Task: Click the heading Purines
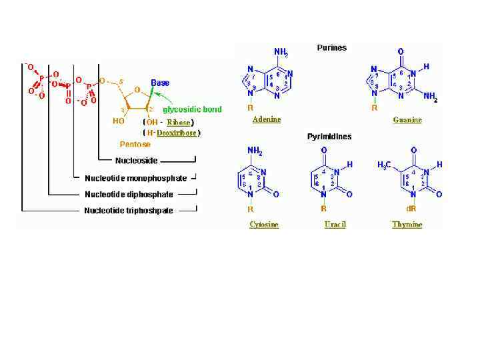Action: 331,48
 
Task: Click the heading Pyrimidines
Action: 329,137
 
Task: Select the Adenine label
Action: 267,120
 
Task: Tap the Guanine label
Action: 407,120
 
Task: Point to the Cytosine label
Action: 264,224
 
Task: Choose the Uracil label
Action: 335,224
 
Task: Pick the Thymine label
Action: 407,224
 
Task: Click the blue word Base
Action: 160,83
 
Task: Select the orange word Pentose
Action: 135,143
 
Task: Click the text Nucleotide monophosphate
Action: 136,178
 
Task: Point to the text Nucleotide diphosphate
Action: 129,195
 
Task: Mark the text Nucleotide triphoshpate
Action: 129,211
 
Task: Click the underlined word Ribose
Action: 179,123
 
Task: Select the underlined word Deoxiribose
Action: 177,133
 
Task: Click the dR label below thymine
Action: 414,209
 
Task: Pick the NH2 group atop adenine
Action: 281,52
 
